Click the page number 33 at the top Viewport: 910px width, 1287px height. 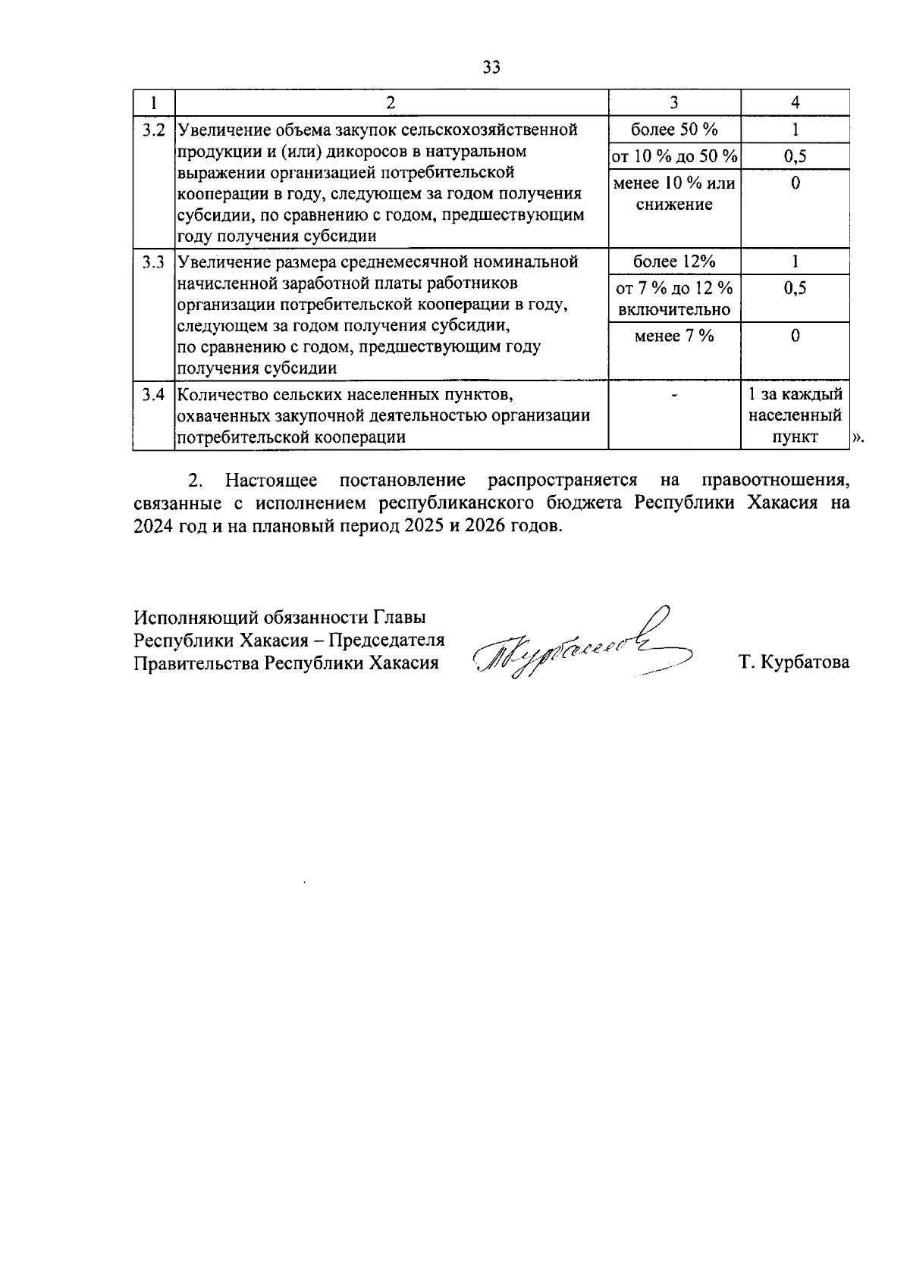tap(491, 68)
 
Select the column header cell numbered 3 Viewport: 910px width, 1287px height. tap(674, 103)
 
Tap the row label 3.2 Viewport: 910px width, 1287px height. tap(154, 130)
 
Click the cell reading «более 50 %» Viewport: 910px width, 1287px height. tap(674, 130)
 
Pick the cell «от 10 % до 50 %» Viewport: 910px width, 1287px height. tap(674, 157)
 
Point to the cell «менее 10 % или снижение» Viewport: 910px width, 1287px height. tap(674, 194)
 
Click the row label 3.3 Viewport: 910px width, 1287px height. tap(154, 262)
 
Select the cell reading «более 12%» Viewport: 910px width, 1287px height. tap(674, 262)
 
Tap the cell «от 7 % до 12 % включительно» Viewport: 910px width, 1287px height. tap(674, 299)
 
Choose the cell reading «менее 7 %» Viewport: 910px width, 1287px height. tap(674, 336)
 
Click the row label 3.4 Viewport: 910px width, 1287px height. tap(154, 395)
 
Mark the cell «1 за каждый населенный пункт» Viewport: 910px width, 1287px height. tap(795, 416)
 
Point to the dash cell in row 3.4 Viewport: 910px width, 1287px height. tap(674, 395)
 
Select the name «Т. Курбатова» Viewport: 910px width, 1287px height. tap(795, 662)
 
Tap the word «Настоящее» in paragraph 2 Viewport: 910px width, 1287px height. tap(271, 481)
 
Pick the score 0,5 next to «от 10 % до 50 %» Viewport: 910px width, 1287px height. tap(795, 157)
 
